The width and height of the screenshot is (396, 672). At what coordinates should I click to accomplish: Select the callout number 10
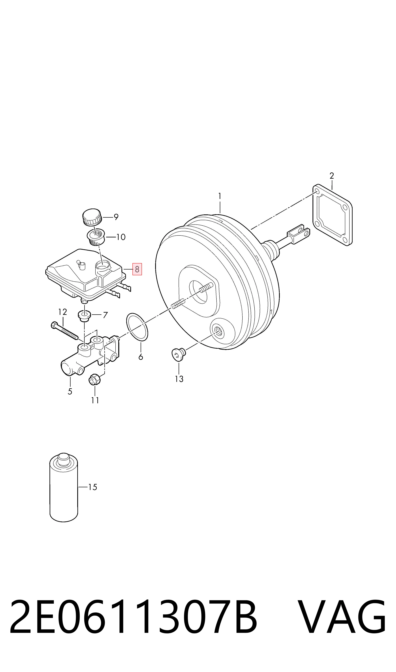tap(121, 237)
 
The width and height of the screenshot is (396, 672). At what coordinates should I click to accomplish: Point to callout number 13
tap(179, 379)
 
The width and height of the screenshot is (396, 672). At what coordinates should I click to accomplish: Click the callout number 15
tap(92, 487)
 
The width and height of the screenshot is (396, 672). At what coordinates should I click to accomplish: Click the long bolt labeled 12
tap(64, 331)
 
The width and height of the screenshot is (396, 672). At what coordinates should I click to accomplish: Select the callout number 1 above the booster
tap(220, 196)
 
